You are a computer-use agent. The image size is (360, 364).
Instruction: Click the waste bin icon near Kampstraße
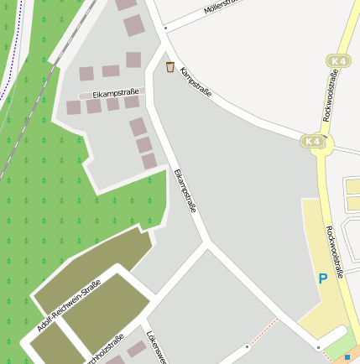(x=170, y=66)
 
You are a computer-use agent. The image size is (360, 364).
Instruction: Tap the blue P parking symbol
(x=321, y=278)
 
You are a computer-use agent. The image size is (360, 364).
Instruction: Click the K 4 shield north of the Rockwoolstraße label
(x=338, y=61)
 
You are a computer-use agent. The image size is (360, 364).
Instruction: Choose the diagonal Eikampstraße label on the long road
(x=185, y=190)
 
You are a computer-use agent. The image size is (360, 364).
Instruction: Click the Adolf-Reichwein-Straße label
(x=69, y=305)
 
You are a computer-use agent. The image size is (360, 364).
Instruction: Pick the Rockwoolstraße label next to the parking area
(x=336, y=252)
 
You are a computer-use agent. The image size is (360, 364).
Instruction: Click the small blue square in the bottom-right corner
(x=347, y=358)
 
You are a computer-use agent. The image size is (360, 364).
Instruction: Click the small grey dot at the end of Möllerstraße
(x=166, y=28)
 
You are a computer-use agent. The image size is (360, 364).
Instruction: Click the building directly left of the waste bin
(x=133, y=60)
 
